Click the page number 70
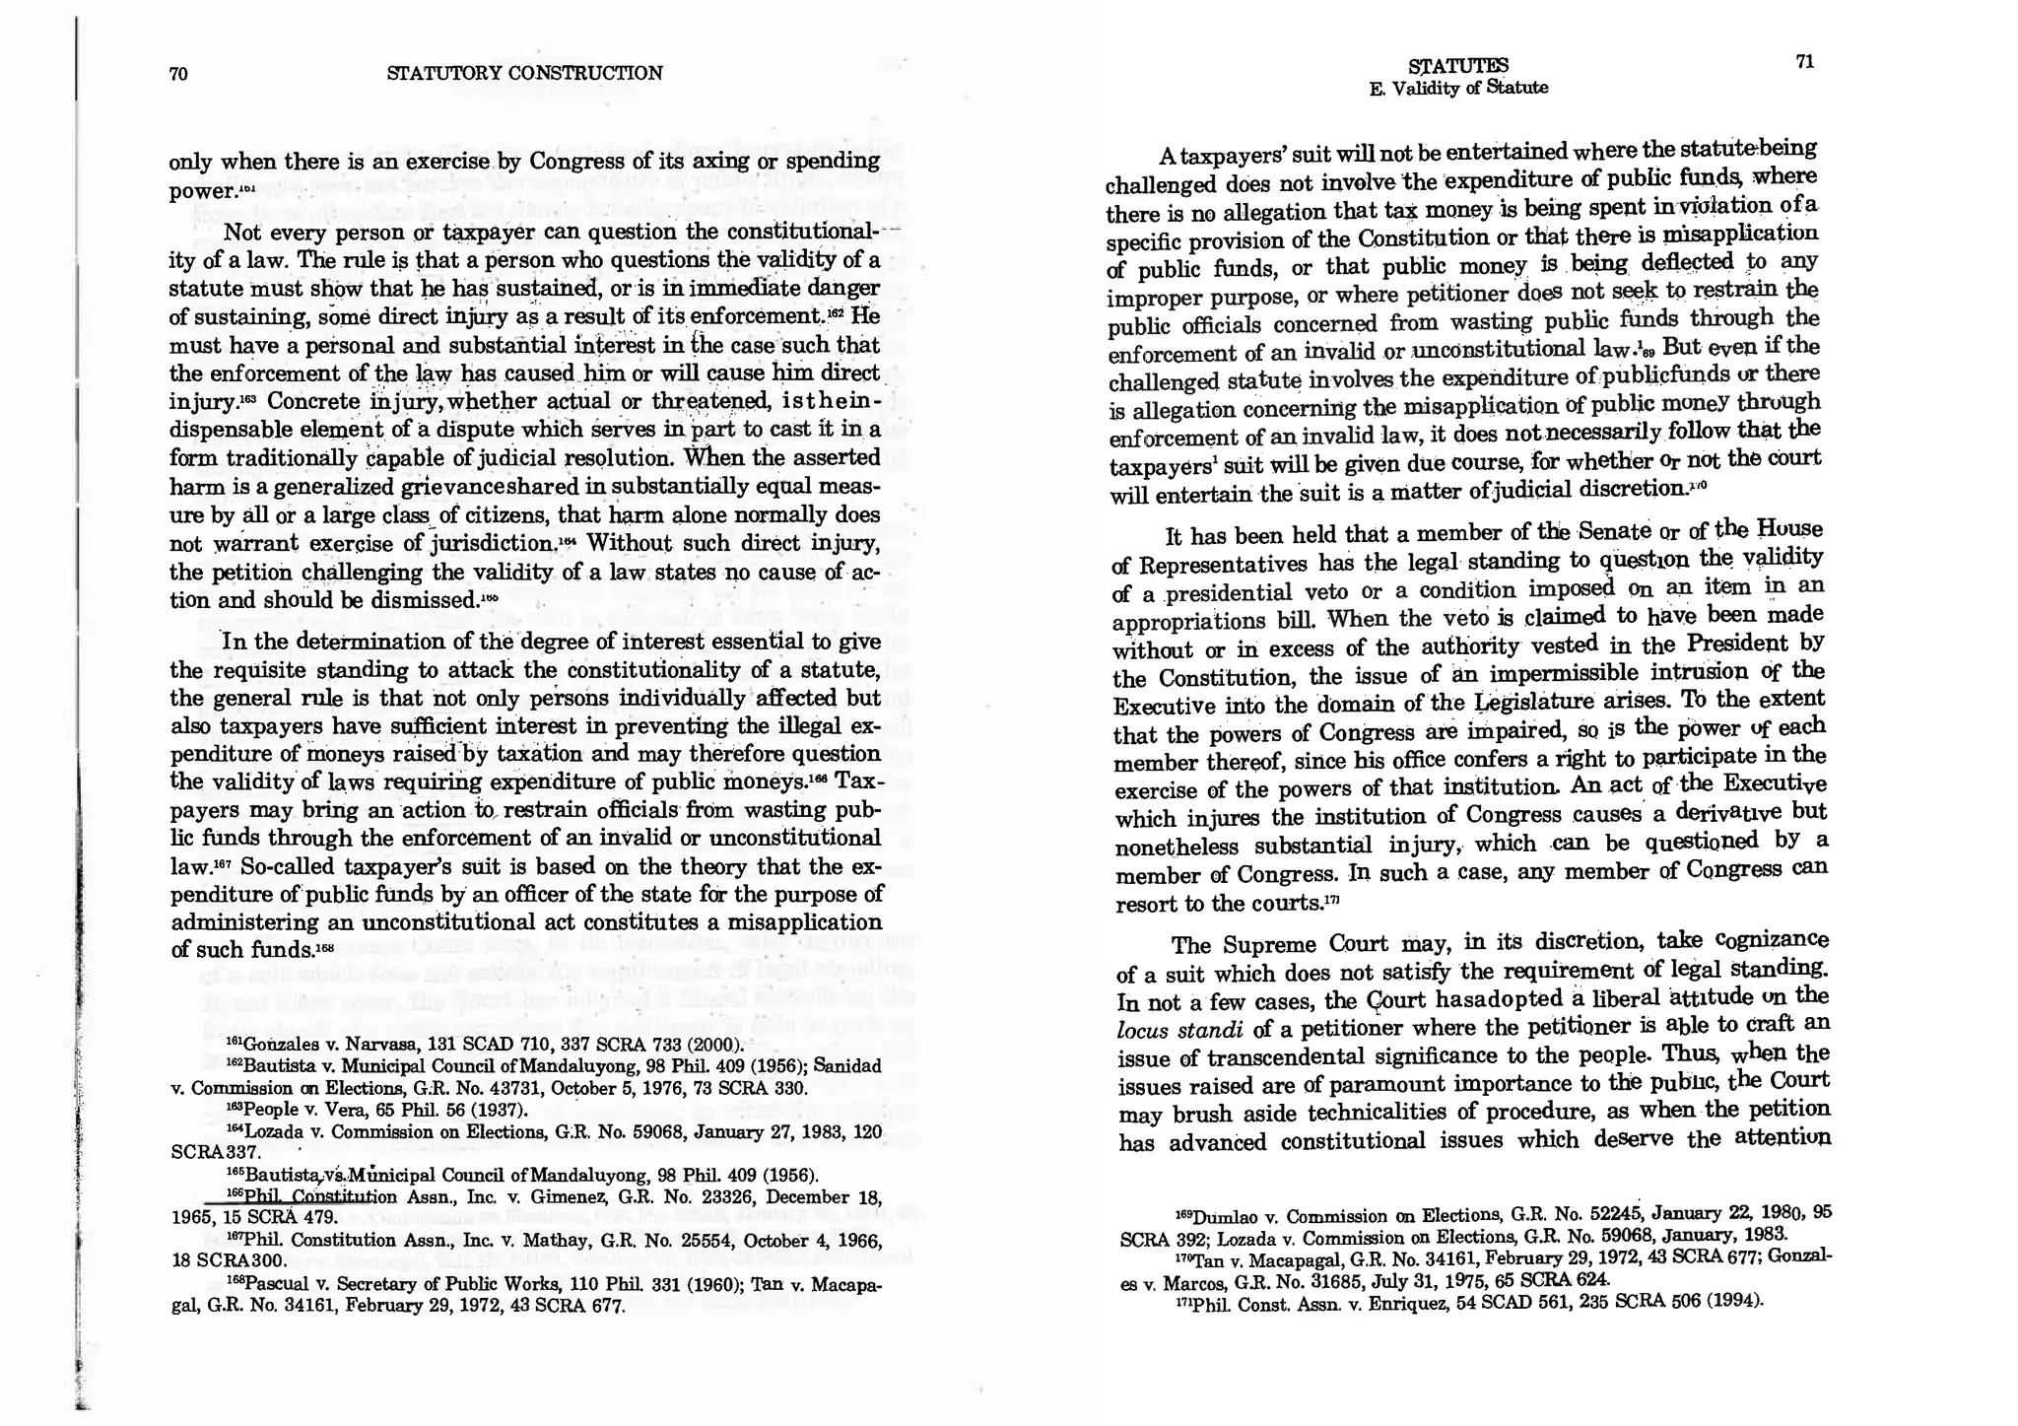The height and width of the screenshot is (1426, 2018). (178, 74)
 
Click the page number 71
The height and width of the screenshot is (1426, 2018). (1805, 62)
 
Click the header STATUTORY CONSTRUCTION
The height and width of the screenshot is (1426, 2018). (524, 73)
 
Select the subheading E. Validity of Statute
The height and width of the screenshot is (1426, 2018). (1458, 88)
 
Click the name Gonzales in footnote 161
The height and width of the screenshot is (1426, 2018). (274, 1045)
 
